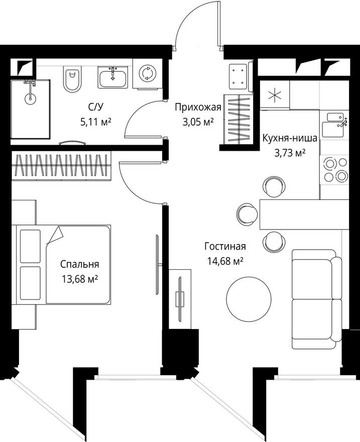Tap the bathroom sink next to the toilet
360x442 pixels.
[x=113, y=78]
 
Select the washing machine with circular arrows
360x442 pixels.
[x=147, y=74]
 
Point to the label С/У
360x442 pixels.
[x=95, y=106]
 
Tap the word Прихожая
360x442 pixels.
[x=198, y=106]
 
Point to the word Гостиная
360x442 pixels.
[x=225, y=246]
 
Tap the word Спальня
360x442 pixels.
[x=79, y=264]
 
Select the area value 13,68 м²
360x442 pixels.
[x=79, y=279]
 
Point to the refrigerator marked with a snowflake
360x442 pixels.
[x=274, y=95]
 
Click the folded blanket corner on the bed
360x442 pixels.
[x=54, y=235]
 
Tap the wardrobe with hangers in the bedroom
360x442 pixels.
[x=60, y=165]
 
